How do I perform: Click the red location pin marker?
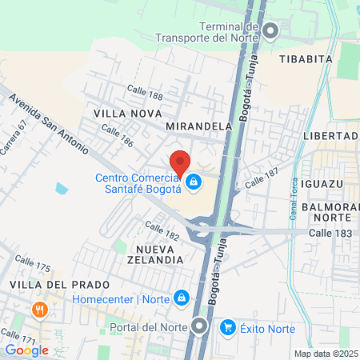180,162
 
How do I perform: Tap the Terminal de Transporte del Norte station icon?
270,31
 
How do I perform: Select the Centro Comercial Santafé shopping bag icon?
193,184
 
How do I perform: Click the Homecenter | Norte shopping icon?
182,298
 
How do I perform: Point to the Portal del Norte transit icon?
198,326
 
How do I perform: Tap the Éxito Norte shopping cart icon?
228,327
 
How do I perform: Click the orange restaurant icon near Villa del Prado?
38,310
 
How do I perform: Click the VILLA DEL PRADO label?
46,284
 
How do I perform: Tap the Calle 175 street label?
33,263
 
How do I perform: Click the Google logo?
26,349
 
